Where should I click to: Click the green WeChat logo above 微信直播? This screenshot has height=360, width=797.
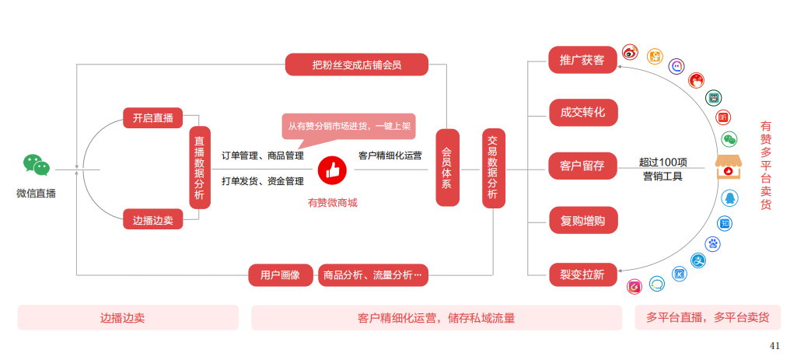[36, 165]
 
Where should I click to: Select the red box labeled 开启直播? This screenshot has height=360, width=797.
[152, 118]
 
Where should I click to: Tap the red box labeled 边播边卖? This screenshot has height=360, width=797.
[152, 220]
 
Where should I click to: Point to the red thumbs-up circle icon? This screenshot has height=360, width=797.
[331, 169]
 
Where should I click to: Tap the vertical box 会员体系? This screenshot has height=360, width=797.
[447, 169]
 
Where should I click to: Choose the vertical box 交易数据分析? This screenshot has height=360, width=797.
[493, 169]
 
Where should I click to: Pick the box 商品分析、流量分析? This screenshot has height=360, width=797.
[373, 275]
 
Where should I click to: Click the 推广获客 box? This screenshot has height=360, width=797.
[582, 60]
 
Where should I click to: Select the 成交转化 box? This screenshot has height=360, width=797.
[582, 112]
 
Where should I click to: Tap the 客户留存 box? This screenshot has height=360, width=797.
[582, 166]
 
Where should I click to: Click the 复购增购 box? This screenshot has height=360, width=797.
[582, 220]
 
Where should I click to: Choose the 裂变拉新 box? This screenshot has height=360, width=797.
[582, 274]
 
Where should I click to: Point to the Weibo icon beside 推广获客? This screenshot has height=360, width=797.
[630, 54]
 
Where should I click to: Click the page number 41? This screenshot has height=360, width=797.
[774, 345]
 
